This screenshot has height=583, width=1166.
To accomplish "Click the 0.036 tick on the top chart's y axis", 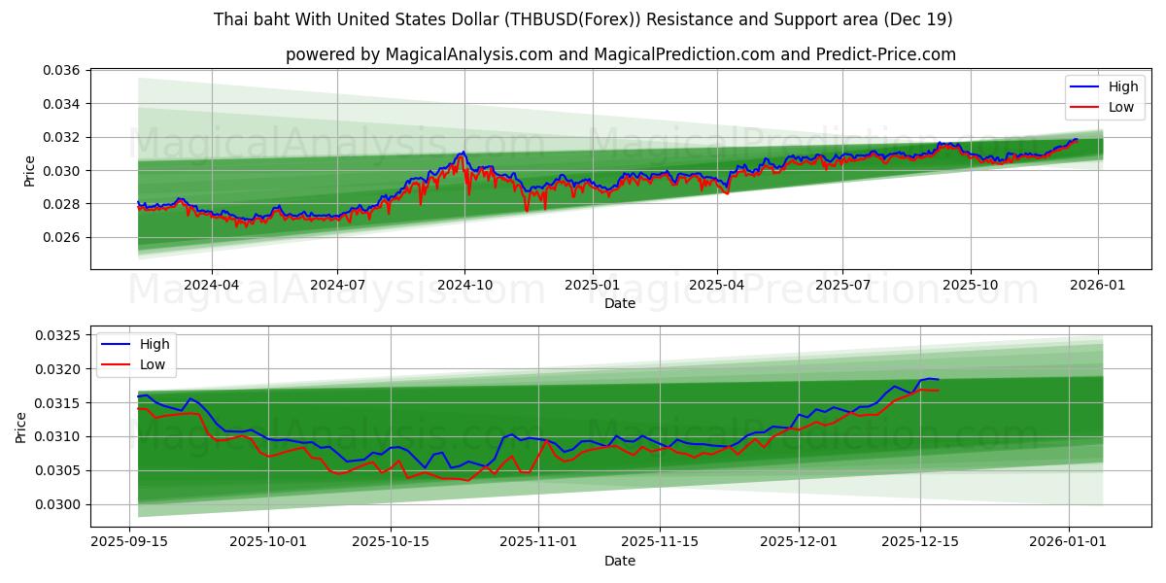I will coord(61,71).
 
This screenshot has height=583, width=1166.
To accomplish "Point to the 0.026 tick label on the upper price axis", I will coord(61,237).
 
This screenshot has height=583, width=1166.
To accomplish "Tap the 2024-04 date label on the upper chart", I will coord(211,286).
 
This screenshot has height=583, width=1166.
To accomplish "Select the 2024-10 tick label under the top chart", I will coord(464,286).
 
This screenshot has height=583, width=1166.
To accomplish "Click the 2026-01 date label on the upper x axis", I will coord(1098,286).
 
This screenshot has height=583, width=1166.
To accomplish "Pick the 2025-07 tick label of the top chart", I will coord(841,286).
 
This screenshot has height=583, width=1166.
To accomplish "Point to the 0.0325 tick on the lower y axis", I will coord(57,335).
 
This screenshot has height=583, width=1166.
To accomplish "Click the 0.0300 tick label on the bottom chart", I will coord(57,504).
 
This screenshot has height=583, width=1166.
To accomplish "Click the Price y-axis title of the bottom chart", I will coord(21,427).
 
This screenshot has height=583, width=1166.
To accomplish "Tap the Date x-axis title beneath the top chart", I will coord(620,303).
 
